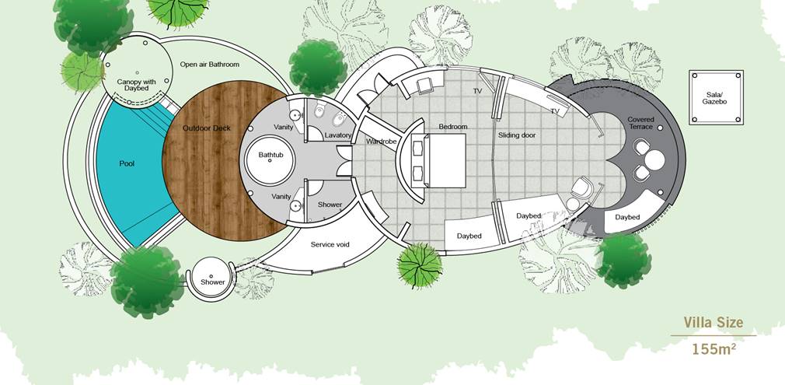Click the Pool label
click(x=127, y=163)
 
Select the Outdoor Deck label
click(x=206, y=128)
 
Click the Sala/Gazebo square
click(x=716, y=97)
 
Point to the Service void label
click(x=330, y=245)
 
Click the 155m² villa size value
click(x=714, y=349)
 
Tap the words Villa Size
click(x=713, y=322)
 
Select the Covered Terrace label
click(x=640, y=124)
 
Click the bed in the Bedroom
click(x=439, y=160)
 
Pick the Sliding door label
click(x=517, y=135)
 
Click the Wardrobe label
click(x=381, y=142)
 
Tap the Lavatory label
click(x=338, y=135)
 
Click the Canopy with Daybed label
click(x=136, y=85)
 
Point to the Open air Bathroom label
click(x=210, y=64)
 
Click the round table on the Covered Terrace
click(x=654, y=160)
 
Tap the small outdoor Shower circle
click(x=211, y=278)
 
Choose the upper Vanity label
click(x=284, y=128)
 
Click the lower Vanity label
click(x=281, y=197)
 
